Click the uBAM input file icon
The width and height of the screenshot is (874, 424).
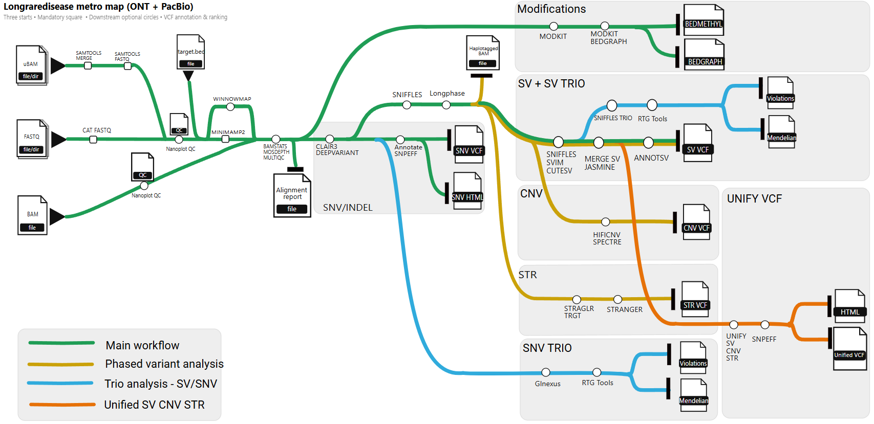[31, 65]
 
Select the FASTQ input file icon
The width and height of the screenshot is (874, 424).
[31, 139]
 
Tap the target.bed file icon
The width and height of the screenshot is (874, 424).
[190, 52]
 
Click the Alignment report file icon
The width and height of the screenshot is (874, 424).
[292, 195]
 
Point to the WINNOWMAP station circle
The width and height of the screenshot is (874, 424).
[230, 107]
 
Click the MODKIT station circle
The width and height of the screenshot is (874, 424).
[553, 26]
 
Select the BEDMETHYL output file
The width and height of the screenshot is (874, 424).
[704, 20]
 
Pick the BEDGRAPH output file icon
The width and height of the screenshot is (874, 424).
[705, 55]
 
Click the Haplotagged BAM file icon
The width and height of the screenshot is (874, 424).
[482, 53]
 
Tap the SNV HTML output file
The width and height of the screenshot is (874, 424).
[467, 191]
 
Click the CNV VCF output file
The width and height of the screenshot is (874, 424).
[696, 221]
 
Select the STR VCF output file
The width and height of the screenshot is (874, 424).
[695, 299]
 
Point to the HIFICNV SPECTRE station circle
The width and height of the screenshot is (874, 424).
[606, 222]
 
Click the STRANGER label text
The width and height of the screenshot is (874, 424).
[624, 309]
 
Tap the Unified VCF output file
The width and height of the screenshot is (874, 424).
[849, 349]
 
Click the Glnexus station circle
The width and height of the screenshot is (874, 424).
[546, 372]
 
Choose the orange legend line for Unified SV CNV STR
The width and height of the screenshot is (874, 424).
[62, 405]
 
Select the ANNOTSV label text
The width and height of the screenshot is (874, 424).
[651, 158]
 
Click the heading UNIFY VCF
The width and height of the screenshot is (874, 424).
[754, 199]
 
